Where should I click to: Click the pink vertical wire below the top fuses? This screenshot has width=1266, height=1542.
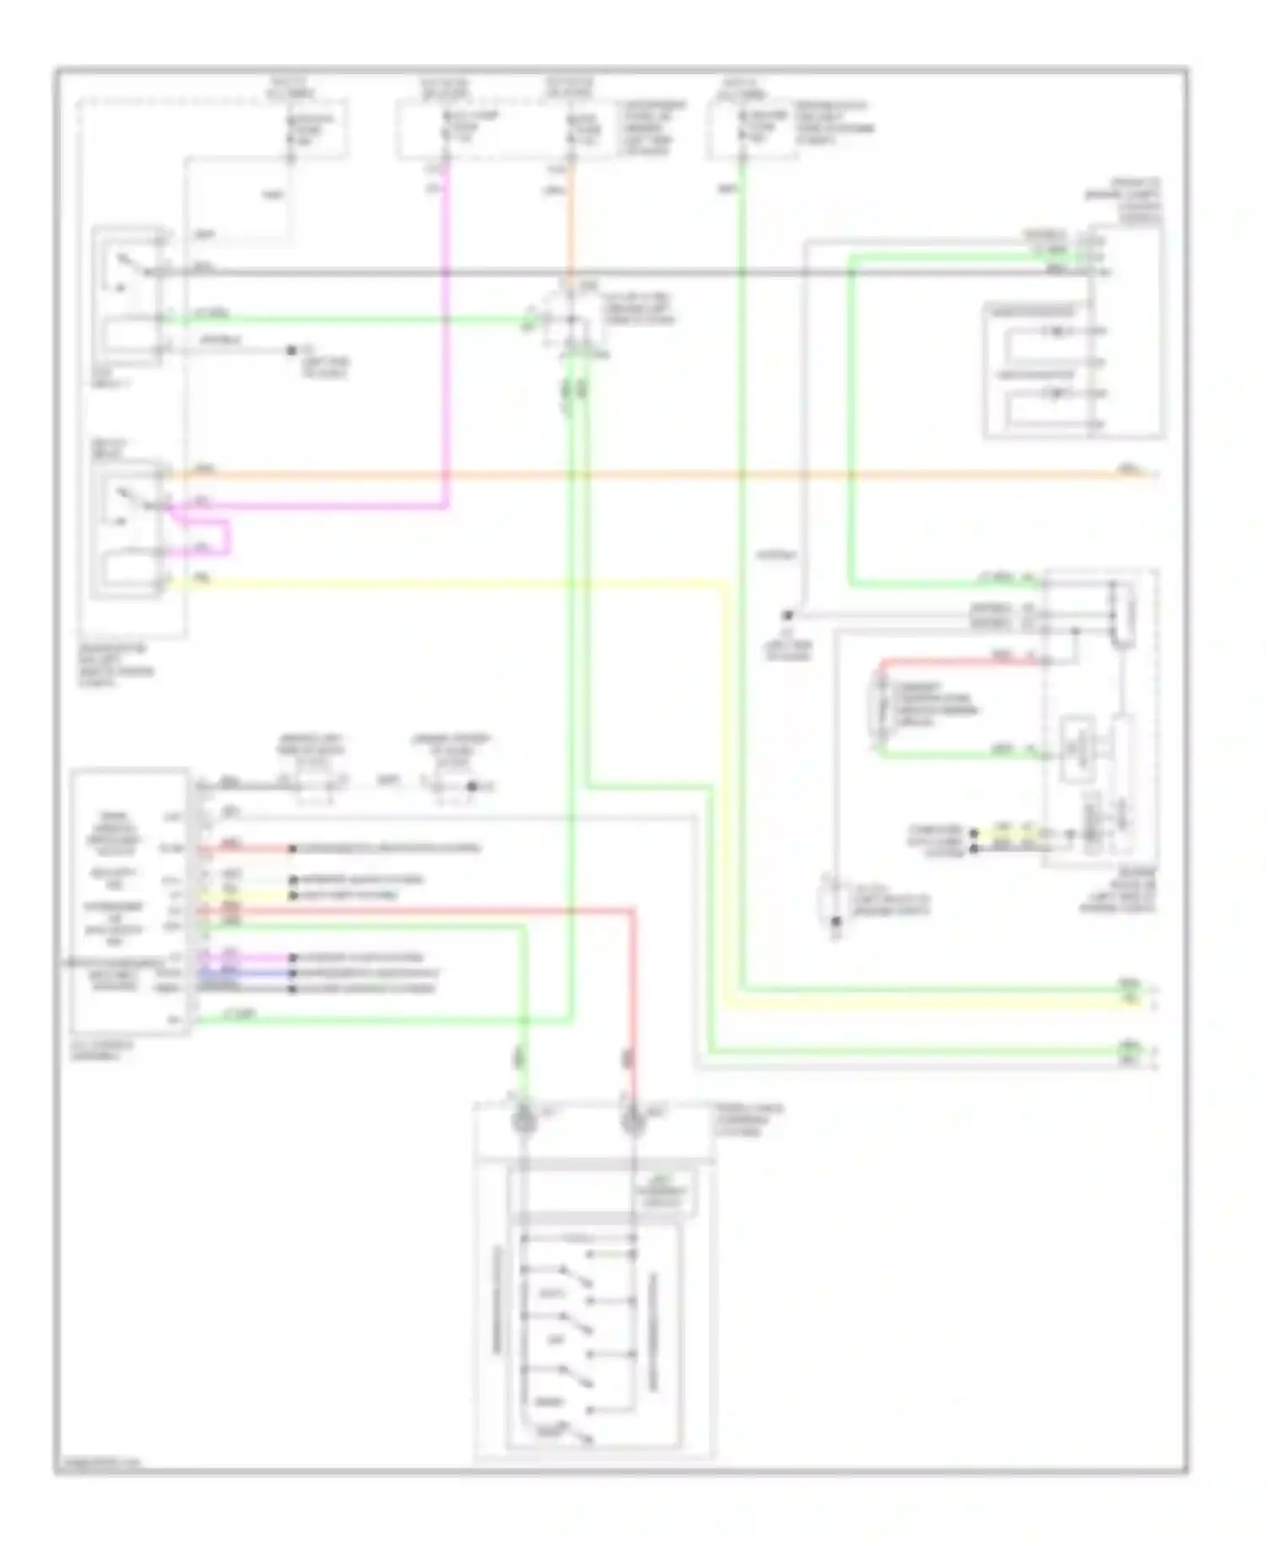(x=446, y=337)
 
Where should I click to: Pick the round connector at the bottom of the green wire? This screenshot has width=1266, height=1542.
(x=524, y=1120)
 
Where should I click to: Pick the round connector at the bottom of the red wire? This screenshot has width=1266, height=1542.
(x=632, y=1120)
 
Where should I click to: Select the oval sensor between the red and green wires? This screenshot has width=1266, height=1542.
(x=878, y=707)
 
